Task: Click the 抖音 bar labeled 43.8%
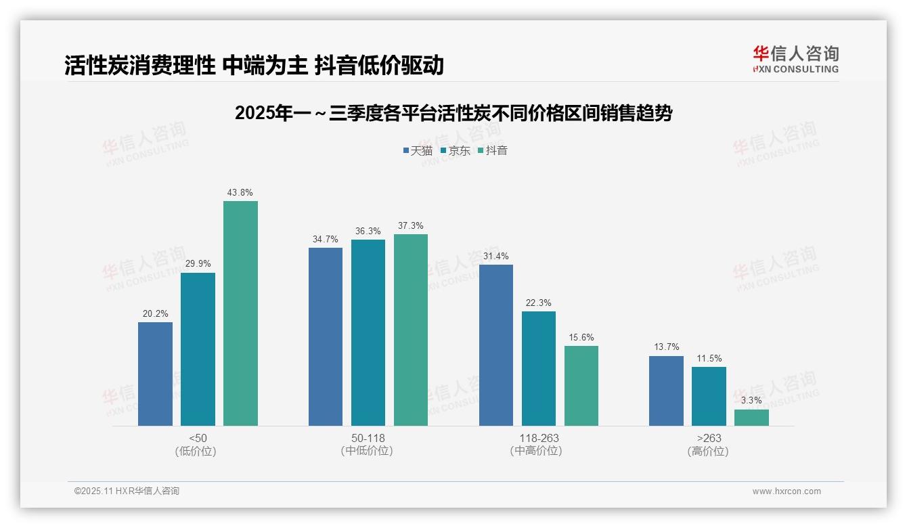point(240,313)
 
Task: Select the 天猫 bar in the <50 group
point(155,374)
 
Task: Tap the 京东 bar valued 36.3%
point(368,332)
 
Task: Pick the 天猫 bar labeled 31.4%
point(496,345)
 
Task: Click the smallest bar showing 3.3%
point(751,418)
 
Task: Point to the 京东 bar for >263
point(709,396)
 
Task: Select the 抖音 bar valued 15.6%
point(581,386)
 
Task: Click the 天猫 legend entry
point(418,151)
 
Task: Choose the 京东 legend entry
point(455,151)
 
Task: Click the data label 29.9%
point(198,264)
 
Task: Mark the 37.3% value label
point(410,226)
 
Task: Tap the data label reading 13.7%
point(666,347)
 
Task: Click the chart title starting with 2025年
point(453,113)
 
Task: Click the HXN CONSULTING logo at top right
point(795,60)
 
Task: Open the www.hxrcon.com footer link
point(787,491)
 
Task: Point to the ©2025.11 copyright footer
point(127,491)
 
